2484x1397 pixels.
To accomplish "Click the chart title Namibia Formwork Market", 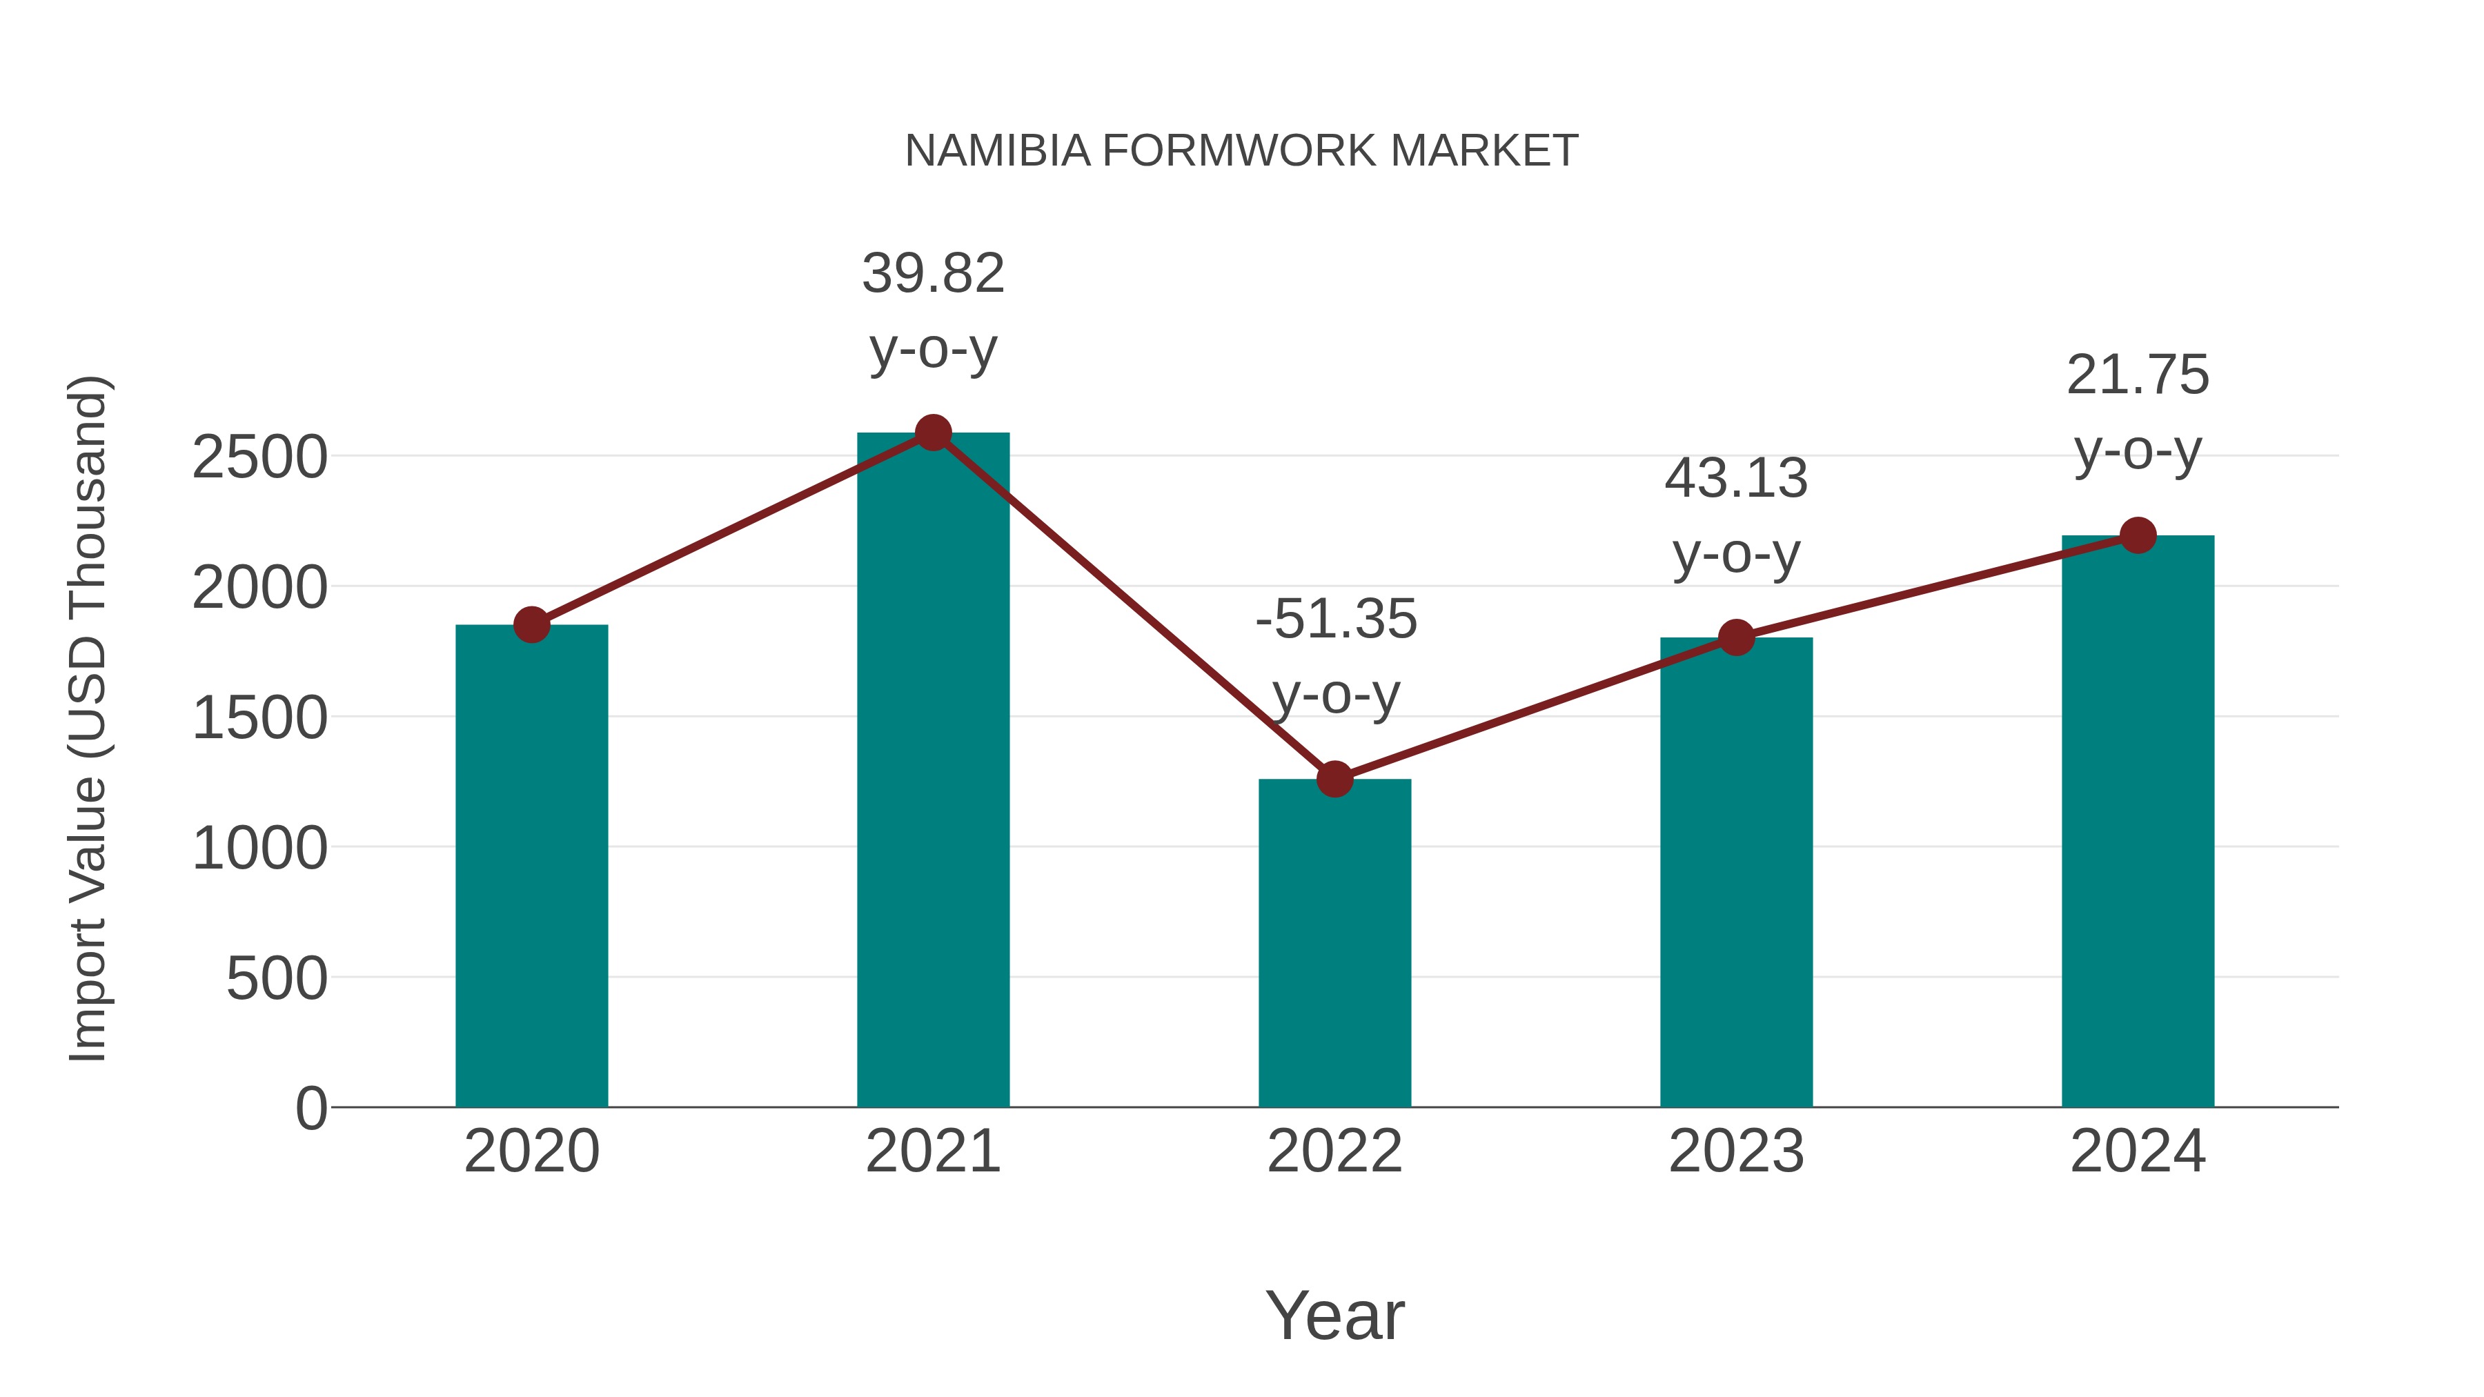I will click(1241, 151).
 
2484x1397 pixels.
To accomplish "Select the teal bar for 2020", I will click(531, 868).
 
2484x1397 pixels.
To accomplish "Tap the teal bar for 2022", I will click(1334, 945).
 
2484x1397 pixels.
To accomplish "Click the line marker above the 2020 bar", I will click(531, 625).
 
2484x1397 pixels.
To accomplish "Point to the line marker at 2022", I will click(1334, 779).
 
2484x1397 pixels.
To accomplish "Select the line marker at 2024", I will click(2138, 535).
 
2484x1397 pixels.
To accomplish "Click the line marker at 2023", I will click(1736, 637).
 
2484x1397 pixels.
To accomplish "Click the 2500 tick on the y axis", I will click(259, 458).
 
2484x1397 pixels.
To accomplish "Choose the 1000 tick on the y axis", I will click(259, 849).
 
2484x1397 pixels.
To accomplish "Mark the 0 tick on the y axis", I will click(310, 1109).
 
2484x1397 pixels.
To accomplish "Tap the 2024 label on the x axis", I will click(2138, 1152).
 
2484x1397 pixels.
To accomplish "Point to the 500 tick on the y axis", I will click(277, 980).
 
